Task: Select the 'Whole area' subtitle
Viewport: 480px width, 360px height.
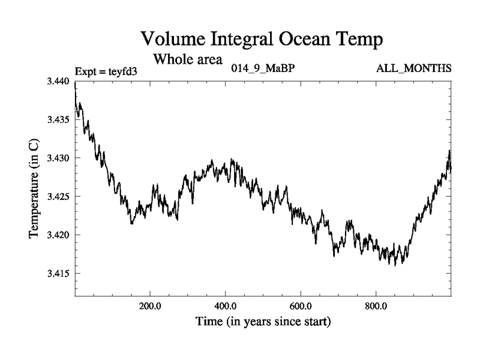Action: click(188, 59)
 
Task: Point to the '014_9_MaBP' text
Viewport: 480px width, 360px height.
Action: click(263, 68)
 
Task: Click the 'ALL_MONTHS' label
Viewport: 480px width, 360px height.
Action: click(413, 68)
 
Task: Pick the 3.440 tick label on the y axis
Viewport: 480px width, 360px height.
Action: click(59, 81)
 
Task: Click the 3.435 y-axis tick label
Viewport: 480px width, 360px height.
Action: click(59, 119)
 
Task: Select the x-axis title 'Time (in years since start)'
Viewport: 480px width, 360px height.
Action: click(263, 322)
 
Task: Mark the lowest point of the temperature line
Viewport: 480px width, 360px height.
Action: click(394, 265)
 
